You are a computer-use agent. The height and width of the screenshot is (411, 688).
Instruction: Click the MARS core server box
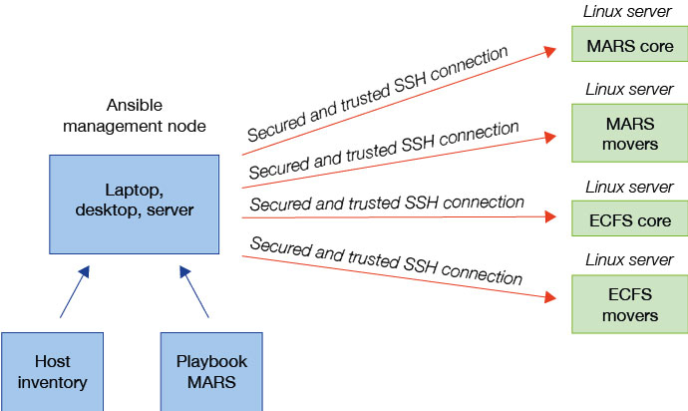(x=629, y=46)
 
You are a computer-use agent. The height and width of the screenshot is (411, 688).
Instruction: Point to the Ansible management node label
(x=134, y=117)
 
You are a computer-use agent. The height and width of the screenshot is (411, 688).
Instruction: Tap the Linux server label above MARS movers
(x=628, y=91)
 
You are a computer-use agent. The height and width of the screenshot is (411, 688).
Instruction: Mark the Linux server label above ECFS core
(x=628, y=187)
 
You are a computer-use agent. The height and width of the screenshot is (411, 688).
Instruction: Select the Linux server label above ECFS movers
(x=628, y=260)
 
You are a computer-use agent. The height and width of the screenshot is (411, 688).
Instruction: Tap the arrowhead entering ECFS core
(x=551, y=214)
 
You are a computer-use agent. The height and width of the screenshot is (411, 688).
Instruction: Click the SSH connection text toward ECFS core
(x=387, y=204)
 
